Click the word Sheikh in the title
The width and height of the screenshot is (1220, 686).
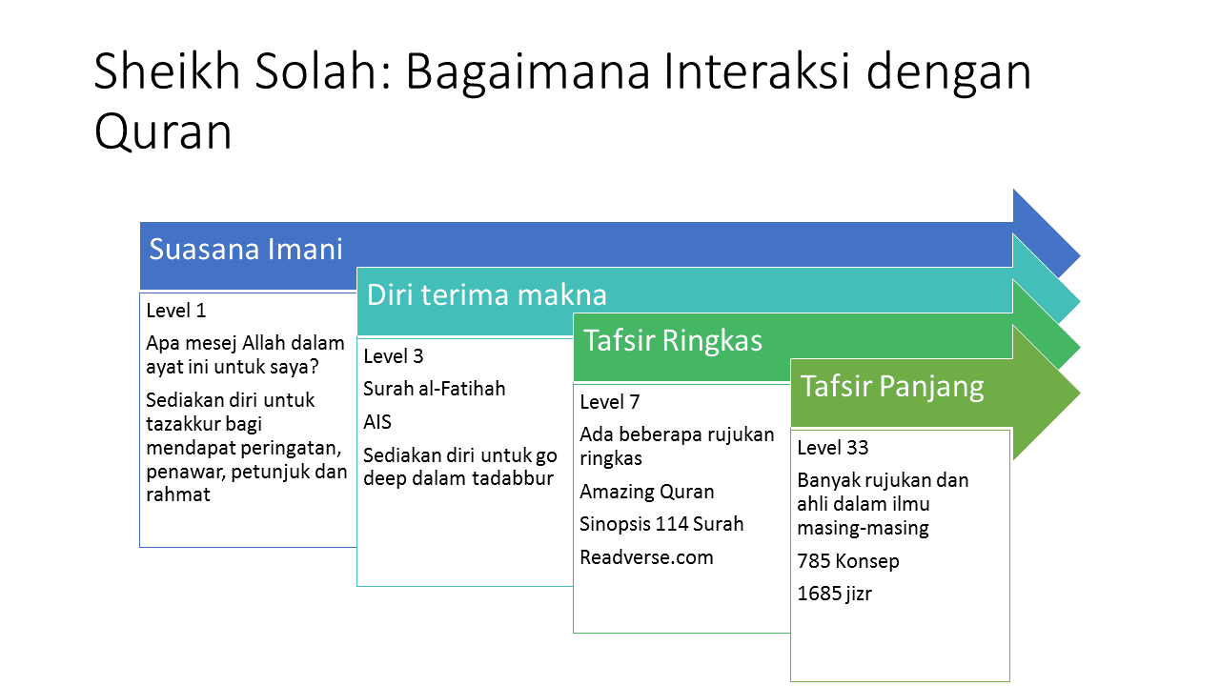click(167, 71)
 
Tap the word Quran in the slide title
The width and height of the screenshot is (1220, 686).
click(163, 131)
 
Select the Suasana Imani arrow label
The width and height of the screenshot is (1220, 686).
click(246, 249)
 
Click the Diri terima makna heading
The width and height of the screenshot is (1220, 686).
click(486, 294)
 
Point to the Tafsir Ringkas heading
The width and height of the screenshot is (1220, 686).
click(673, 340)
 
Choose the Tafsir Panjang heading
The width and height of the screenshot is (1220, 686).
click(892, 386)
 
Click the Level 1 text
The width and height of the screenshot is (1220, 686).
click(176, 311)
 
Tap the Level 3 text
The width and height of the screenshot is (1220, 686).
click(394, 356)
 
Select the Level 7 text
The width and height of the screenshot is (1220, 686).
click(609, 402)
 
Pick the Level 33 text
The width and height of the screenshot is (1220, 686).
click(833, 448)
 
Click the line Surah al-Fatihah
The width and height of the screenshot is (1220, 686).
click(434, 389)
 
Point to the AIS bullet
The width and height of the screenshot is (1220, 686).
click(376, 422)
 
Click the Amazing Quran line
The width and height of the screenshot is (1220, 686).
click(646, 492)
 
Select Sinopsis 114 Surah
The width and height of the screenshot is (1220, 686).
click(661, 524)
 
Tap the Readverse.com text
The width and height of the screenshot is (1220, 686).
click(646, 557)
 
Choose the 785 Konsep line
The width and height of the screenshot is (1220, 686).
click(848, 561)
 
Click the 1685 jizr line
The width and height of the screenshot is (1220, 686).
click(834, 594)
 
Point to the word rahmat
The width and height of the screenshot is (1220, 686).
click(177, 494)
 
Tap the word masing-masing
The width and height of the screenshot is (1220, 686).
click(863, 528)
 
